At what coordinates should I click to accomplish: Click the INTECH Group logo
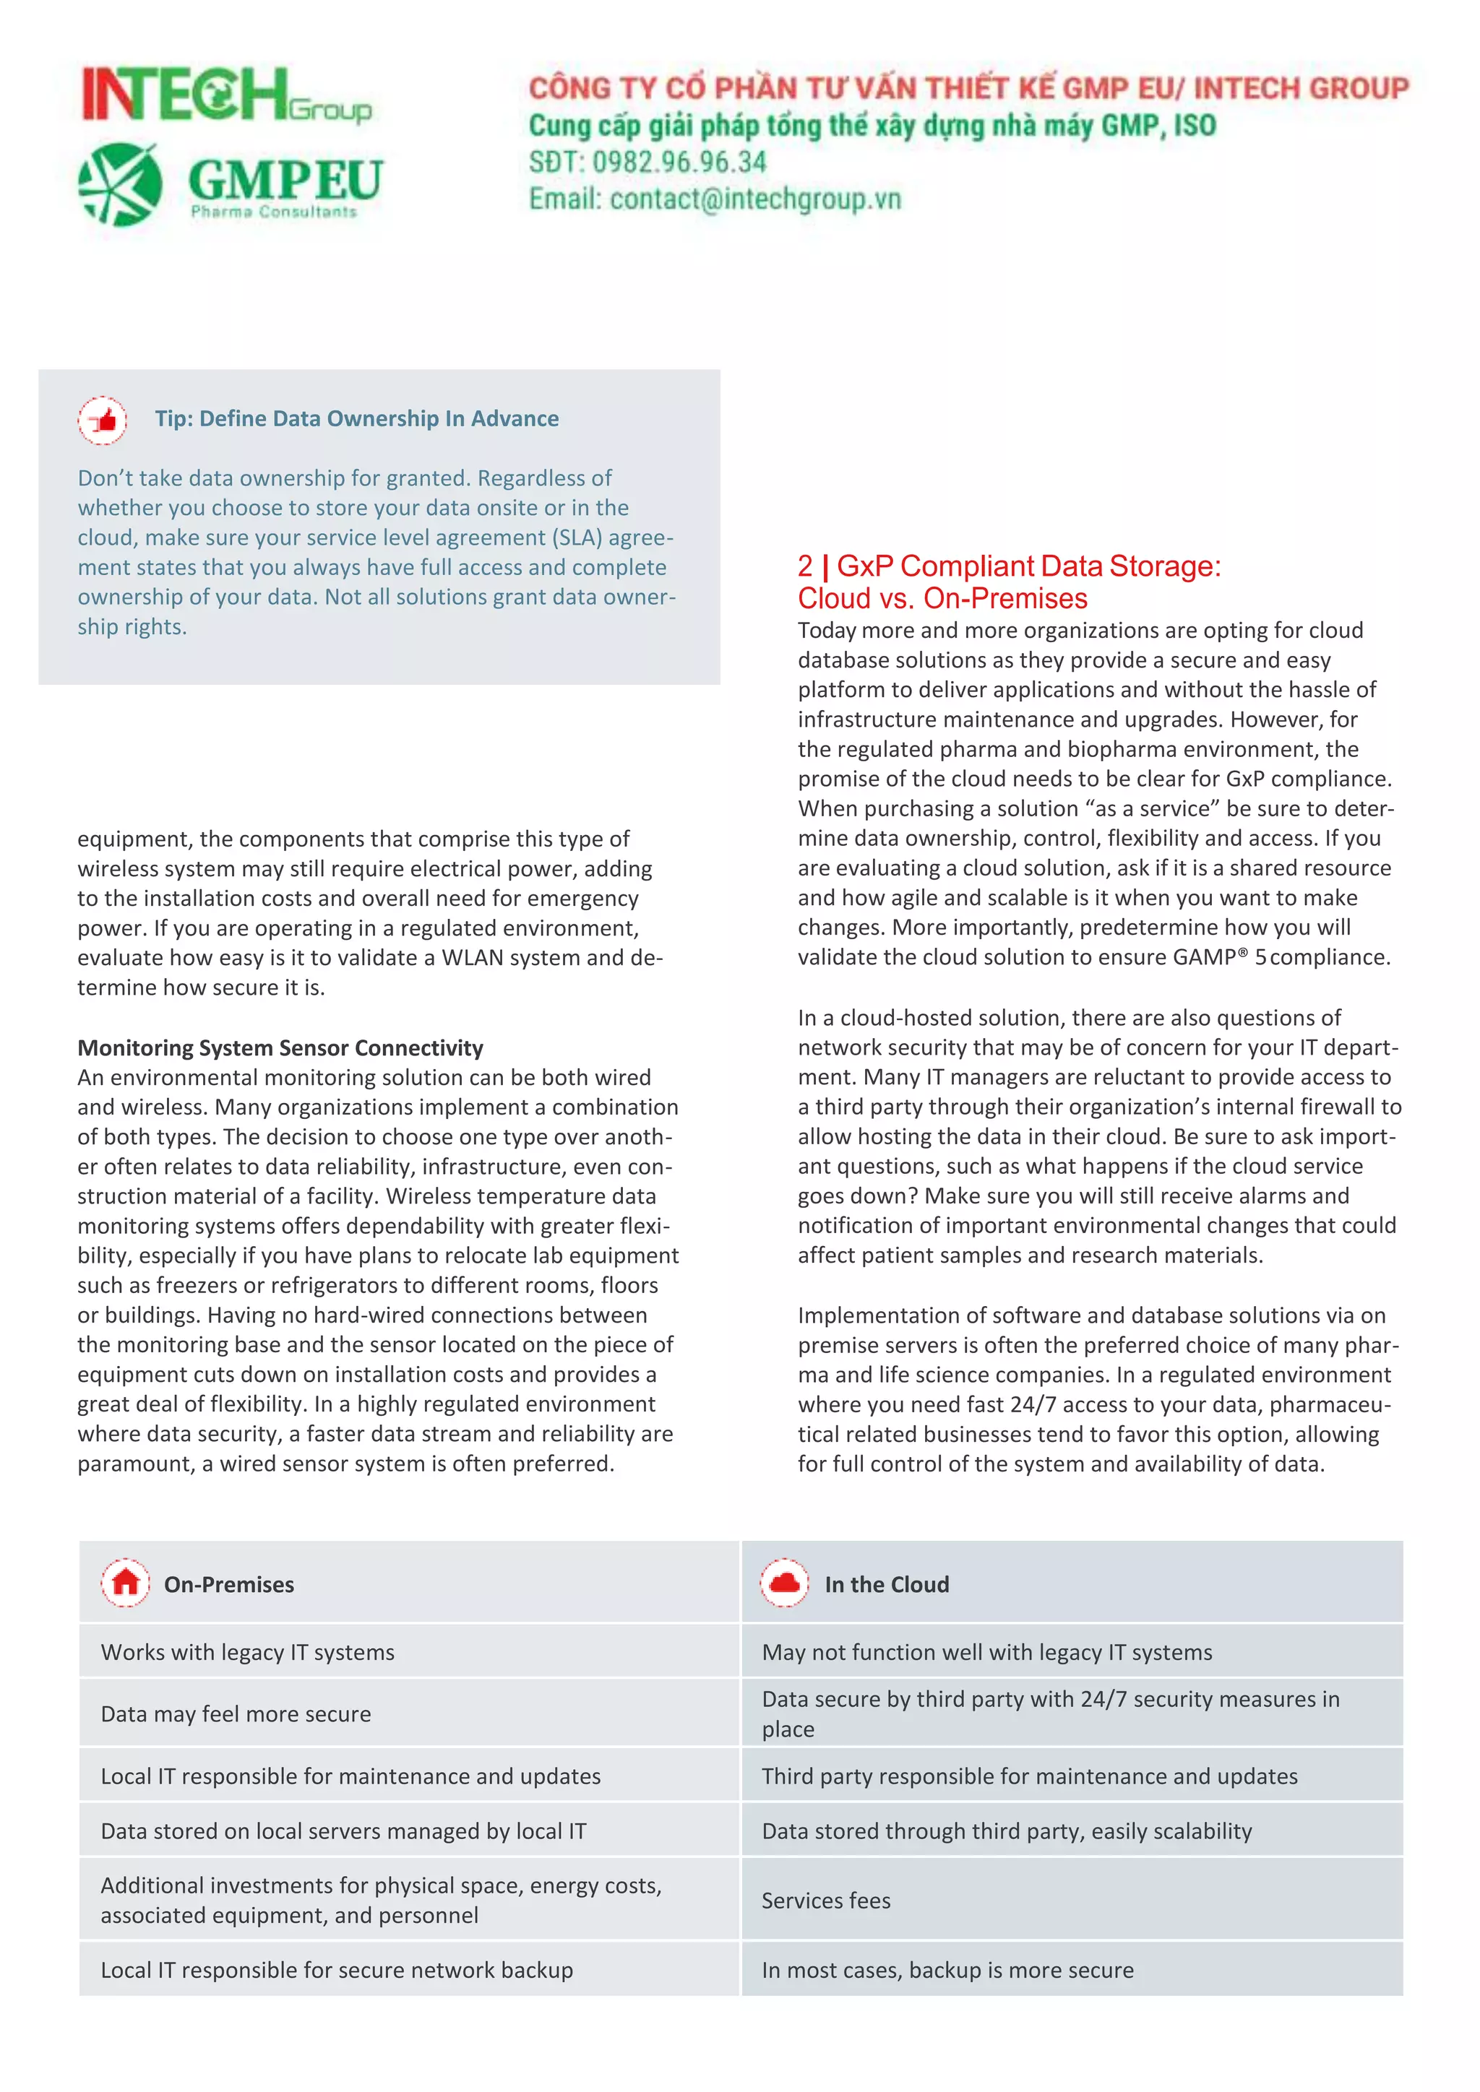pyautogui.click(x=226, y=95)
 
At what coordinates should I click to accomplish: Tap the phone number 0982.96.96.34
pyautogui.click(x=679, y=163)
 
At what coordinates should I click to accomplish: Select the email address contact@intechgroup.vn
pyautogui.click(x=754, y=199)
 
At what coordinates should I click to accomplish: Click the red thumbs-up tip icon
pyautogui.click(x=102, y=420)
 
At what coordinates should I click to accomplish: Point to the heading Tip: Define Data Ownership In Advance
pyautogui.click(x=356, y=418)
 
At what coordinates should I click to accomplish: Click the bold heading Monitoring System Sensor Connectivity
pyautogui.click(x=280, y=1048)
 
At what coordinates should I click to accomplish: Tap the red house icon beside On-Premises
pyautogui.click(x=126, y=1583)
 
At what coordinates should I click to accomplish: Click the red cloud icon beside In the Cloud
pyautogui.click(x=785, y=1583)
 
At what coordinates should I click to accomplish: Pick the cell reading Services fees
pyautogui.click(x=826, y=1900)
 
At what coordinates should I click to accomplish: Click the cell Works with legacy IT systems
pyautogui.click(x=247, y=1652)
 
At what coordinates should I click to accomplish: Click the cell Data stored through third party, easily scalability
pyautogui.click(x=1006, y=1830)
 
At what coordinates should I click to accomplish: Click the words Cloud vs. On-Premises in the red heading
pyautogui.click(x=942, y=599)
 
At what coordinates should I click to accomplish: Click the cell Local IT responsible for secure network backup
pyautogui.click(x=336, y=1970)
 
